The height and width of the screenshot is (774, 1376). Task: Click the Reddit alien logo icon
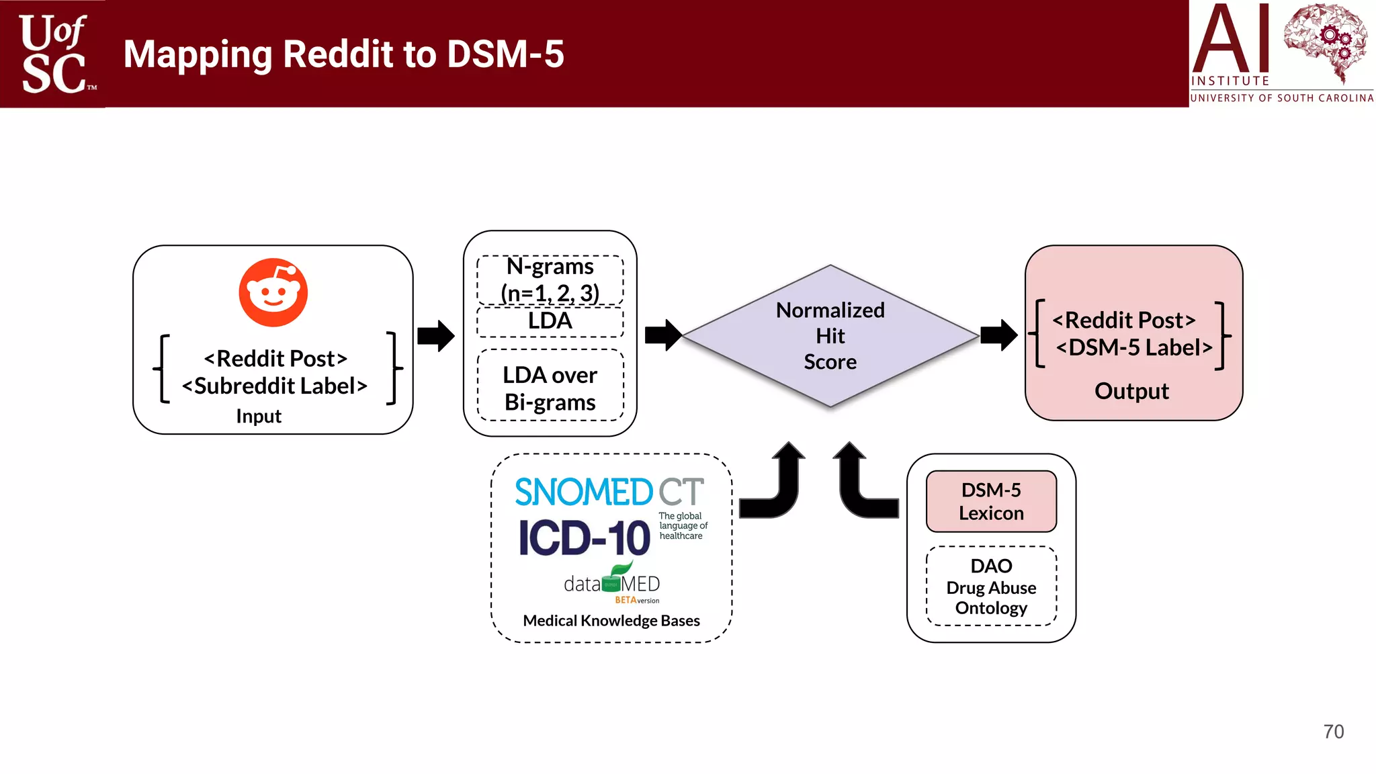pyautogui.click(x=273, y=292)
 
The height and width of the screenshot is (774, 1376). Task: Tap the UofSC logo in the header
pyautogui.click(x=54, y=54)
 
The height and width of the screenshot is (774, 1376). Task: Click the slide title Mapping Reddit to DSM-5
pyautogui.click(x=343, y=54)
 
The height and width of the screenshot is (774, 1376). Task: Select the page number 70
pyautogui.click(x=1333, y=732)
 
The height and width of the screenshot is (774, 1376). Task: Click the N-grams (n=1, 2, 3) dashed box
pyautogui.click(x=550, y=279)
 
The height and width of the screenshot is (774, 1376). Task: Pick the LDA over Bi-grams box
pyautogui.click(x=550, y=388)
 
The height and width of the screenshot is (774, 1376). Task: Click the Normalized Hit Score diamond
pyautogui.click(x=830, y=336)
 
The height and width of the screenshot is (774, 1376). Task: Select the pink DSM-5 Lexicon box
pyautogui.click(x=991, y=501)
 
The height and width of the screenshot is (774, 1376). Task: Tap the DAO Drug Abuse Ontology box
pyautogui.click(x=991, y=587)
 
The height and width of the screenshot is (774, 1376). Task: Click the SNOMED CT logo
pyautogui.click(x=609, y=492)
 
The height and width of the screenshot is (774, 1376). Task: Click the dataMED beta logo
pyautogui.click(x=611, y=583)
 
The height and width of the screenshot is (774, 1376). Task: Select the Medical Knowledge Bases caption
pyautogui.click(x=611, y=621)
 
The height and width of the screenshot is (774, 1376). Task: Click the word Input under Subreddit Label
pyautogui.click(x=259, y=417)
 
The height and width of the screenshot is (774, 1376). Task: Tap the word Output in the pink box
pyautogui.click(x=1131, y=391)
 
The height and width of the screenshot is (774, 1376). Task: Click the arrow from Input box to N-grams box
pyautogui.click(x=436, y=336)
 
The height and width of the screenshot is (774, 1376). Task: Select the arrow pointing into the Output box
pyautogui.click(x=998, y=335)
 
